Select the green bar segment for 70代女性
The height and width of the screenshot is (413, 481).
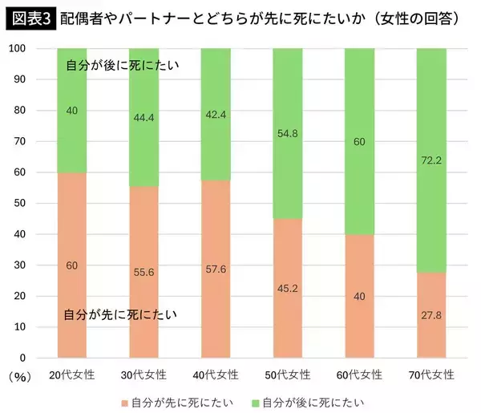(x=431, y=120)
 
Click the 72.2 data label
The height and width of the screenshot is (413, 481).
(x=431, y=160)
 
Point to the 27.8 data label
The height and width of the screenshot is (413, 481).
(x=431, y=315)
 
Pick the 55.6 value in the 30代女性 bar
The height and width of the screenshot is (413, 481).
(x=144, y=273)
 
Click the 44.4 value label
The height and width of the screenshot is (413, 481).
(x=144, y=117)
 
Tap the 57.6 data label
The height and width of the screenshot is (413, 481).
(x=216, y=269)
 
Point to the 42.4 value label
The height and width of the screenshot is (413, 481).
(x=216, y=114)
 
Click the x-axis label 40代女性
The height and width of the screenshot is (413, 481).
(x=216, y=375)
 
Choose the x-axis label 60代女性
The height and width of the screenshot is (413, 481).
(x=360, y=375)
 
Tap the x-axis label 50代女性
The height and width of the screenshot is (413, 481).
(x=288, y=375)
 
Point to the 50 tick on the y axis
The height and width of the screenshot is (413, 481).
(x=18, y=204)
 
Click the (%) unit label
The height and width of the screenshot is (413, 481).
(x=18, y=375)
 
